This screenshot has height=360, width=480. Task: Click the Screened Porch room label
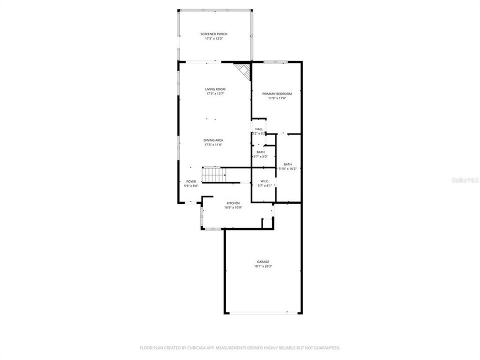coord(213,34)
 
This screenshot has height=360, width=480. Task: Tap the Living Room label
coord(215,89)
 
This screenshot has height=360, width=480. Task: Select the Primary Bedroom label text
coord(277,93)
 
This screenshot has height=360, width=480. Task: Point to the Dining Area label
coord(213,140)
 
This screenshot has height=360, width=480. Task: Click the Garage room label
coord(263,261)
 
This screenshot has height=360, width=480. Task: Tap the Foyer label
coord(191,181)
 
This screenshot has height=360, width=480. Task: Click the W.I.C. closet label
coord(264,181)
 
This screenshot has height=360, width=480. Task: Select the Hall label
coord(259,129)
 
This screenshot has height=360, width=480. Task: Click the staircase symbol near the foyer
coord(213,175)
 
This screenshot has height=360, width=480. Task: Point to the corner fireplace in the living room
coord(243,69)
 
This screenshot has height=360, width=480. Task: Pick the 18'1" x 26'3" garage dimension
coord(263,266)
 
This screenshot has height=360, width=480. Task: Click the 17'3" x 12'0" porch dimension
coord(213,38)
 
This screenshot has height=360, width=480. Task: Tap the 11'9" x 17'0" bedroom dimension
coord(277,98)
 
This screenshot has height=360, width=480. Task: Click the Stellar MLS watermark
coord(465,179)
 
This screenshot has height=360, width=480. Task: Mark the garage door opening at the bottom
coord(263,313)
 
